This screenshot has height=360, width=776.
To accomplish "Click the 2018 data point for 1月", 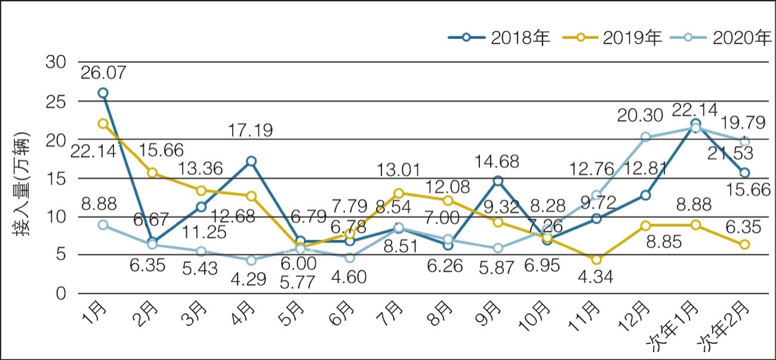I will pyautogui.click(x=103, y=93).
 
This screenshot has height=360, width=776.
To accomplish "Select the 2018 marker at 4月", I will pyautogui.click(x=251, y=161).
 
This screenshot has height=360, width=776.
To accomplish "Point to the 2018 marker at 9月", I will pyautogui.click(x=498, y=180).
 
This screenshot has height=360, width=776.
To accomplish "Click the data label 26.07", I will pyautogui.click(x=103, y=72).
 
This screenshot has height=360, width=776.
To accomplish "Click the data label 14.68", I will pyautogui.click(x=497, y=161).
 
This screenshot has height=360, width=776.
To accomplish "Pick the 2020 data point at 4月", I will pyautogui.click(x=251, y=260).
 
